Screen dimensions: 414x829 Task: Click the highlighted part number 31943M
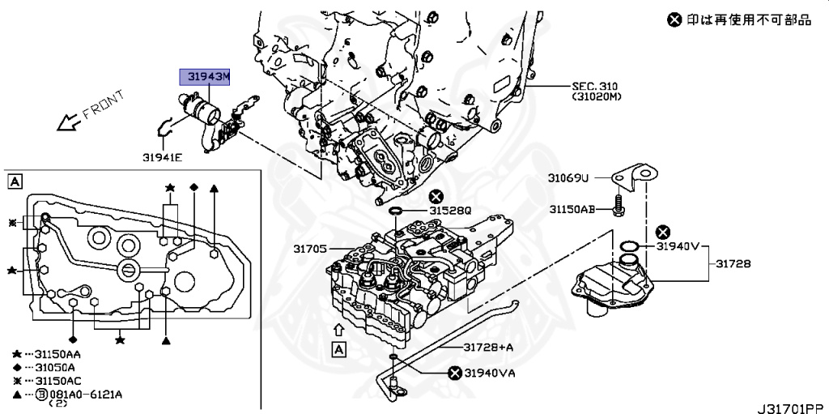tap(205, 77)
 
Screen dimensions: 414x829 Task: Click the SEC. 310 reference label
tap(596, 86)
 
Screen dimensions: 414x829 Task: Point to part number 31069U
tap(569, 178)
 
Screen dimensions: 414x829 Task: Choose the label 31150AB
tap(572, 209)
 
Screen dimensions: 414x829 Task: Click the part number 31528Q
tap(449, 211)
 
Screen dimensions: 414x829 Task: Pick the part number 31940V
tap(677, 246)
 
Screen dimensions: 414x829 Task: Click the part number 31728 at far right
tap(733, 264)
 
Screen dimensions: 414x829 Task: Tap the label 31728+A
tap(489, 347)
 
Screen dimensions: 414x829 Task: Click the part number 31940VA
tap(489, 373)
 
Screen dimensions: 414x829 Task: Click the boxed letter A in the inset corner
tap(15, 182)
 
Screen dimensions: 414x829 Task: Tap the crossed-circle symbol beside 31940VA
tap(456, 373)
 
